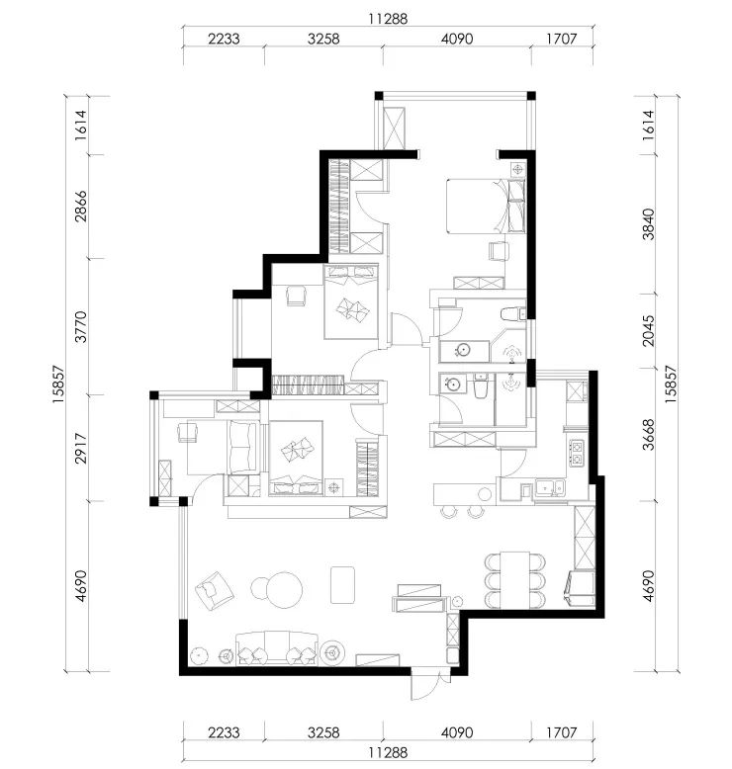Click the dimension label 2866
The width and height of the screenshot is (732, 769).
[80, 207]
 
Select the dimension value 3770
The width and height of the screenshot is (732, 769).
[80, 326]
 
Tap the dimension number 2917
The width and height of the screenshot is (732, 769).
[80, 448]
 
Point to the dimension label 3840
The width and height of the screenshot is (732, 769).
[648, 224]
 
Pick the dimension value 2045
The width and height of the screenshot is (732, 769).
[648, 330]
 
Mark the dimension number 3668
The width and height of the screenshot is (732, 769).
[648, 434]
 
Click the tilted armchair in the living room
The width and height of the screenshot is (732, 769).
[214, 590]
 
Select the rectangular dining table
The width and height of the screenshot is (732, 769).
[514, 580]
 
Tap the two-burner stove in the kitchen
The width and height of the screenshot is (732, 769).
[577, 453]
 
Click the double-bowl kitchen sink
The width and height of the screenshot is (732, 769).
[550, 488]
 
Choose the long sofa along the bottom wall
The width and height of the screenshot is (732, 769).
[277, 647]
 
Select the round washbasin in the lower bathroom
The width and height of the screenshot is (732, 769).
[450, 384]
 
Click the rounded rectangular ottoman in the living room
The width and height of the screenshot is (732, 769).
[342, 585]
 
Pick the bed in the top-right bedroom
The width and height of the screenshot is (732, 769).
[486, 206]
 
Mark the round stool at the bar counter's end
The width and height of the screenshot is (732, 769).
[485, 494]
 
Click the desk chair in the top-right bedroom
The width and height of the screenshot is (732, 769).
[499, 251]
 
